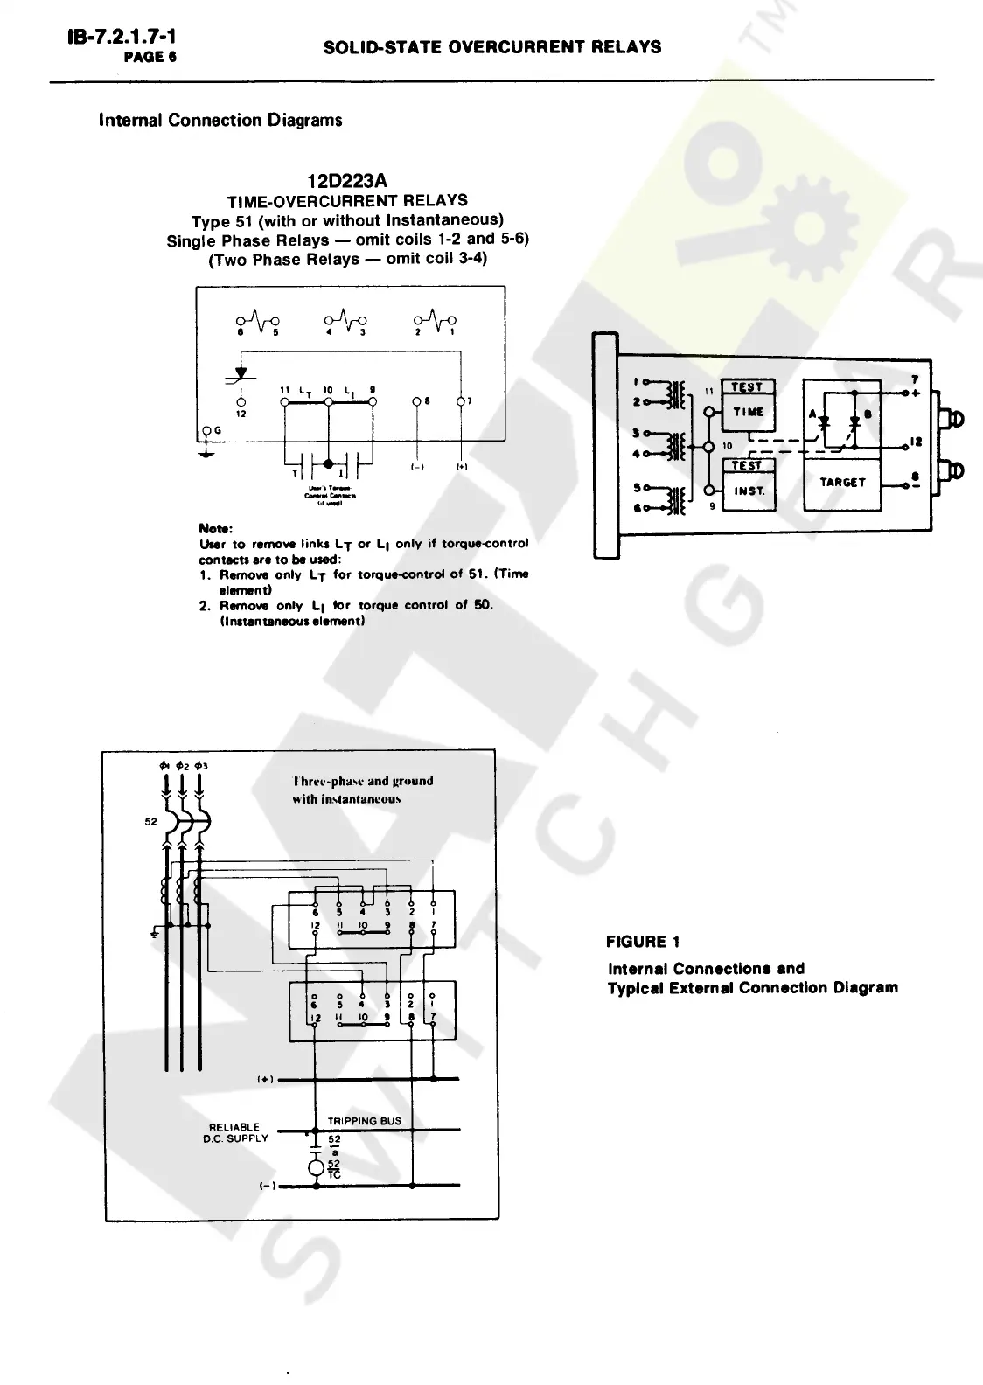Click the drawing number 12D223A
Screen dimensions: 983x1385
[347, 181]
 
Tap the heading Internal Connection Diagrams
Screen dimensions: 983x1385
[220, 120]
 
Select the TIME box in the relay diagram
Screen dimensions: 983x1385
[748, 412]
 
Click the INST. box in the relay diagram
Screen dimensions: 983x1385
[749, 491]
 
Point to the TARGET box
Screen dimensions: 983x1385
[842, 482]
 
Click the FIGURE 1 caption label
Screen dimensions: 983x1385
[643, 942]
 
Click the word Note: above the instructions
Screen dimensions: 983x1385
[215, 528]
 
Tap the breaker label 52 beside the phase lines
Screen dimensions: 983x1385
[150, 822]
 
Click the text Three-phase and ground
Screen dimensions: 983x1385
[363, 781]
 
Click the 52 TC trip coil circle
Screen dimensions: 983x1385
[316, 1168]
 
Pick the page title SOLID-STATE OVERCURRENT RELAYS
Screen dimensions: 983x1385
[492, 47]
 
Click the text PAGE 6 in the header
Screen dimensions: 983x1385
[150, 57]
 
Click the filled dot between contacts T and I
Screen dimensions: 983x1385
[329, 463]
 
